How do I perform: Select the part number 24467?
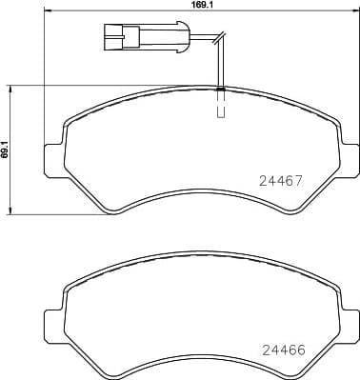click(x=281, y=178)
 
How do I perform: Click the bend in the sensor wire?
click(x=220, y=41)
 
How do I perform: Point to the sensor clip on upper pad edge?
click(x=221, y=90)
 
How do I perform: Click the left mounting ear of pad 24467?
click(x=52, y=158)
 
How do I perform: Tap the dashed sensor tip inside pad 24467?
click(x=221, y=109)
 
